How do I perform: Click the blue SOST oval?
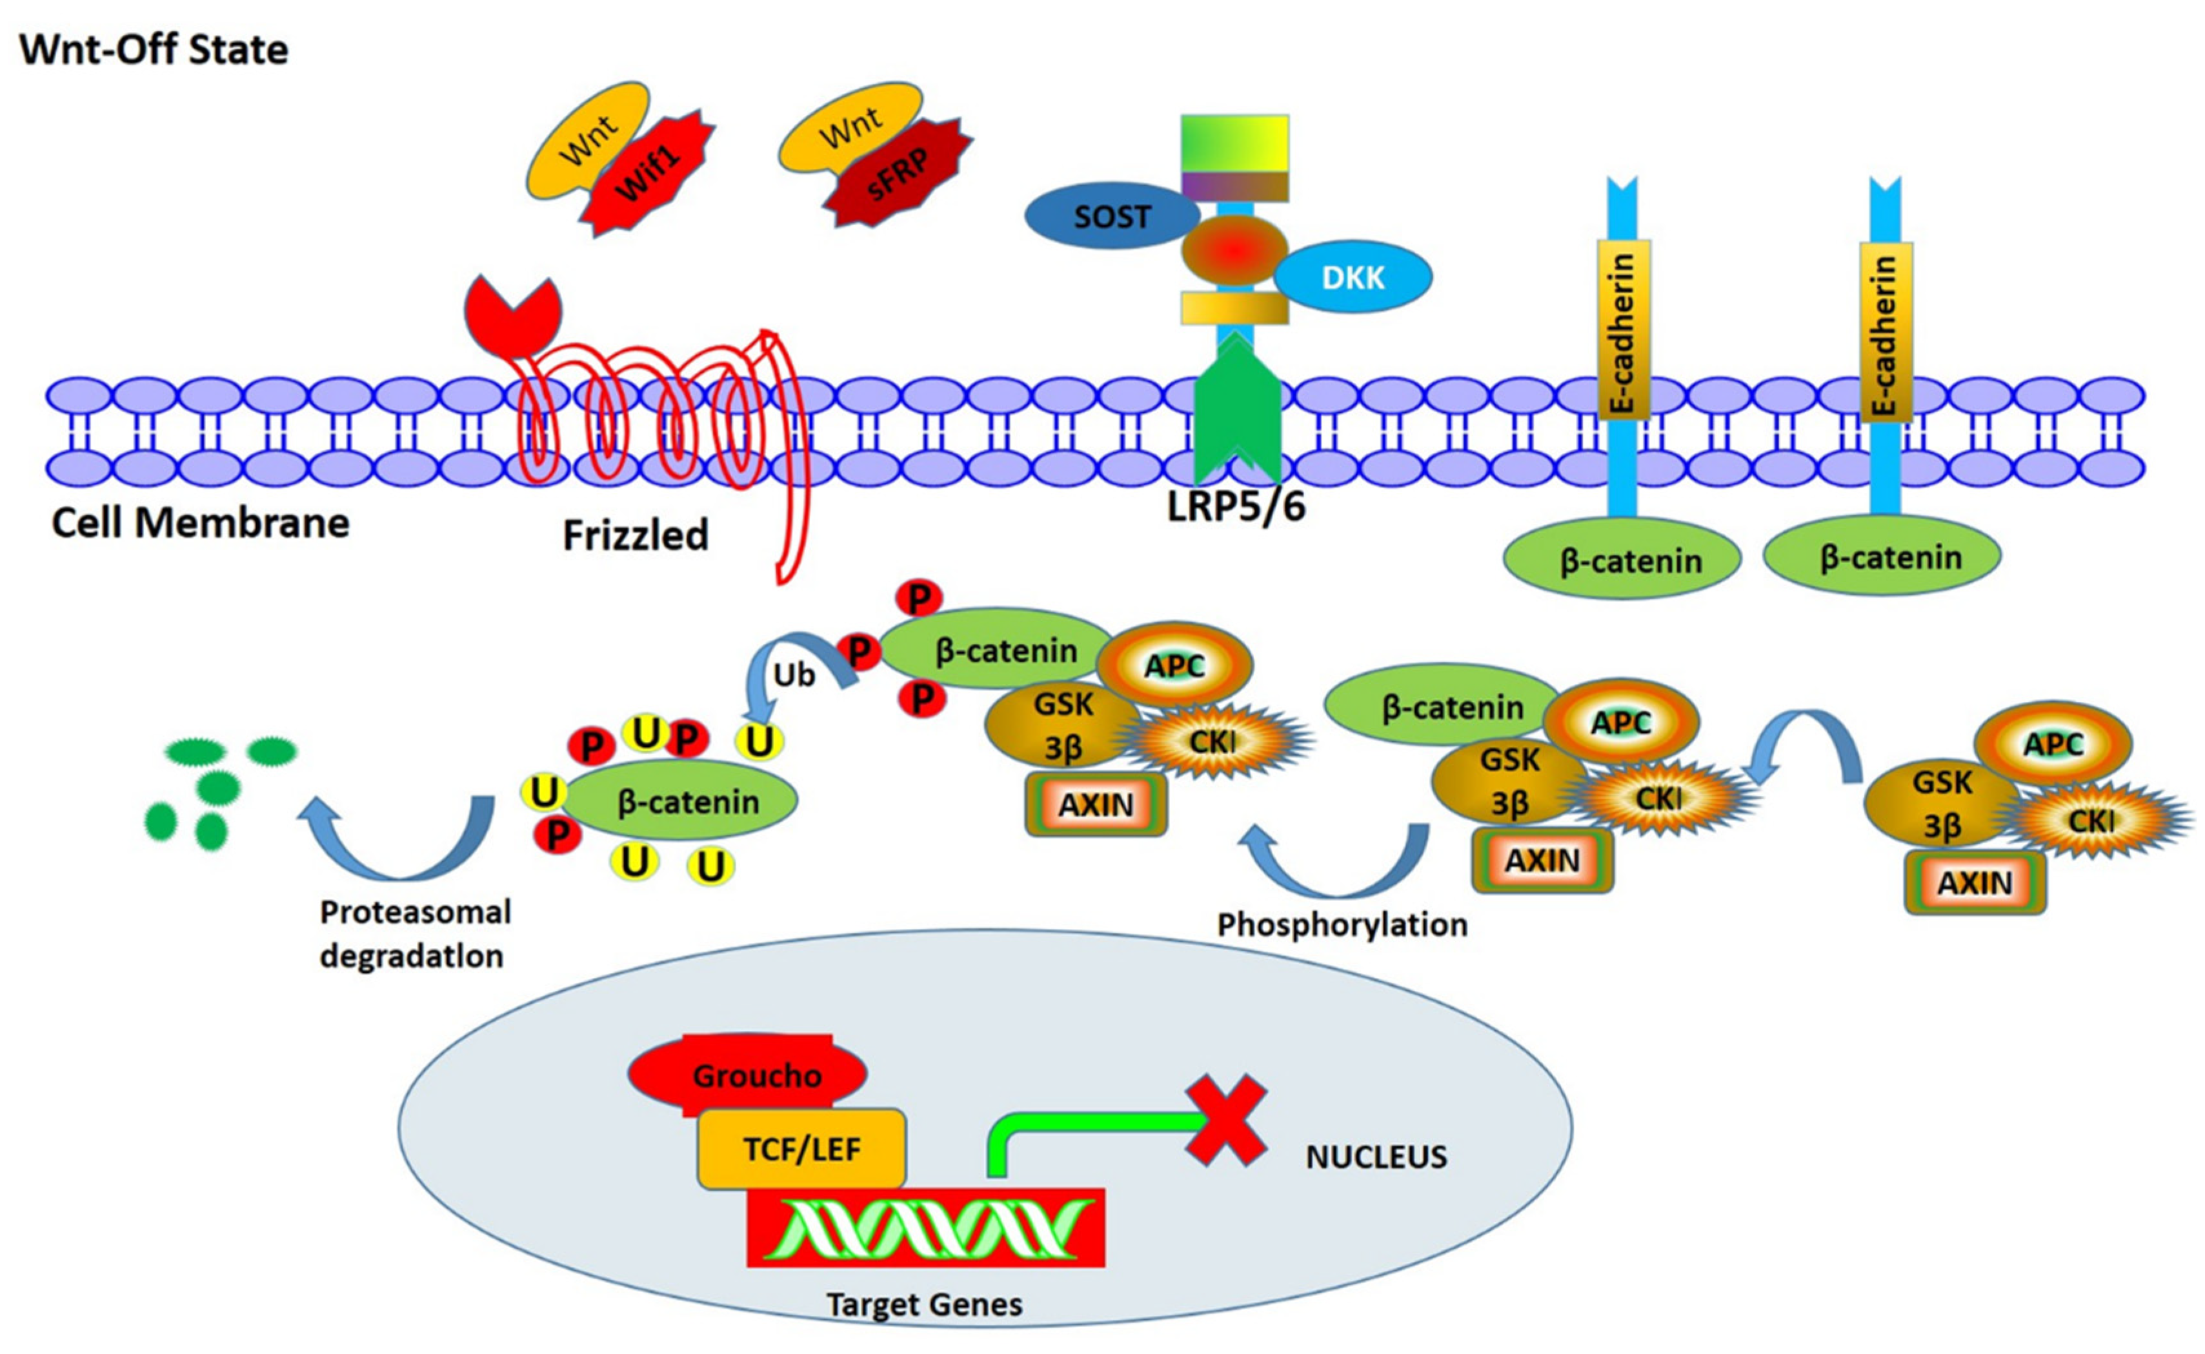tap(1111, 216)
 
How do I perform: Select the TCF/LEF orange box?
tap(801, 1148)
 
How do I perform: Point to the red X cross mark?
tap(1225, 1119)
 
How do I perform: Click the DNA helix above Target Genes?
tap(925, 1227)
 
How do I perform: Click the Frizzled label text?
tap(635, 535)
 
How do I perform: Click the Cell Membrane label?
tap(200, 523)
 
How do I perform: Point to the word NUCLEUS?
tap(1376, 1157)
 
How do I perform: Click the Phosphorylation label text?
tap(1342, 924)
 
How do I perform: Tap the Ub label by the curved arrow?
tap(794, 674)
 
